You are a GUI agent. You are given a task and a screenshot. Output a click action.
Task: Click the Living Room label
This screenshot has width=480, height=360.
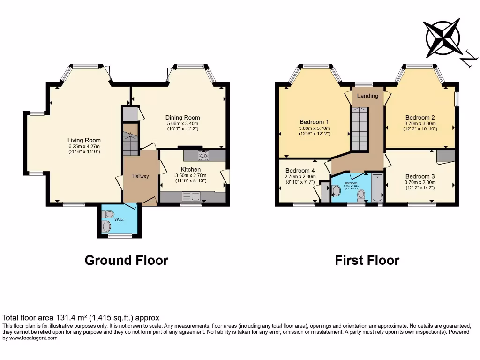coord(84,140)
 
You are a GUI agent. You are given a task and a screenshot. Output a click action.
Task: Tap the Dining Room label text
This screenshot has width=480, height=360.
coord(182,118)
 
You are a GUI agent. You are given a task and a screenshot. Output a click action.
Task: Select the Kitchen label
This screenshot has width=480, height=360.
coord(190,169)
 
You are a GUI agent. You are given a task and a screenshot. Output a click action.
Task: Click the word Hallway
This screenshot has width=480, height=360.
coord(140,176)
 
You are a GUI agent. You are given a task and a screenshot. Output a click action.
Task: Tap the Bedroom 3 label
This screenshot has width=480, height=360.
coord(420,176)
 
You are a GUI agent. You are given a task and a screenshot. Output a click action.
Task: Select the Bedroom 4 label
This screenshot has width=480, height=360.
coord(300,170)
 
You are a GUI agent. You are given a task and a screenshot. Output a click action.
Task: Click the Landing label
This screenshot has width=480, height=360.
coord(368,96)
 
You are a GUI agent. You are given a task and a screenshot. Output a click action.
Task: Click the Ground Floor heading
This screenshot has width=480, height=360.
coord(126,260)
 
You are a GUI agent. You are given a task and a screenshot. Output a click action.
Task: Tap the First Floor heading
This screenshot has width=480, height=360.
coord(367,260)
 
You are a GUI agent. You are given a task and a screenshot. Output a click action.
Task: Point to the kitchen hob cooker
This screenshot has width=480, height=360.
coord(204,155)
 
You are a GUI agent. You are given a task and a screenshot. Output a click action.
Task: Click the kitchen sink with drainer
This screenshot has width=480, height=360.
coord(191,196)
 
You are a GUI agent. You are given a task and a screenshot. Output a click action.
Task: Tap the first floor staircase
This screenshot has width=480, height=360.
coord(360,128)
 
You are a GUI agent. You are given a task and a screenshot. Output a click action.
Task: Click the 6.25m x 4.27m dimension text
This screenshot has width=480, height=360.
coord(84,146)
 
